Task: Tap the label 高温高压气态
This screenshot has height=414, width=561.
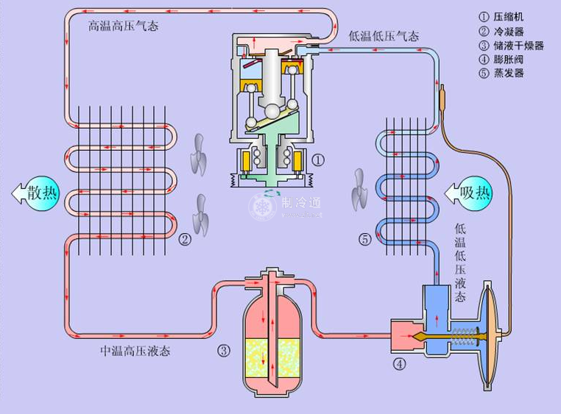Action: point(123,26)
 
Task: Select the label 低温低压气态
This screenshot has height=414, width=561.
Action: point(384,36)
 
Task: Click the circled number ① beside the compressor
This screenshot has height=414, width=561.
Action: point(318,159)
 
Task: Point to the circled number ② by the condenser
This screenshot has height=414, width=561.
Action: point(185,239)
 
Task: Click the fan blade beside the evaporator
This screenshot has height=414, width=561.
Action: point(359,189)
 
